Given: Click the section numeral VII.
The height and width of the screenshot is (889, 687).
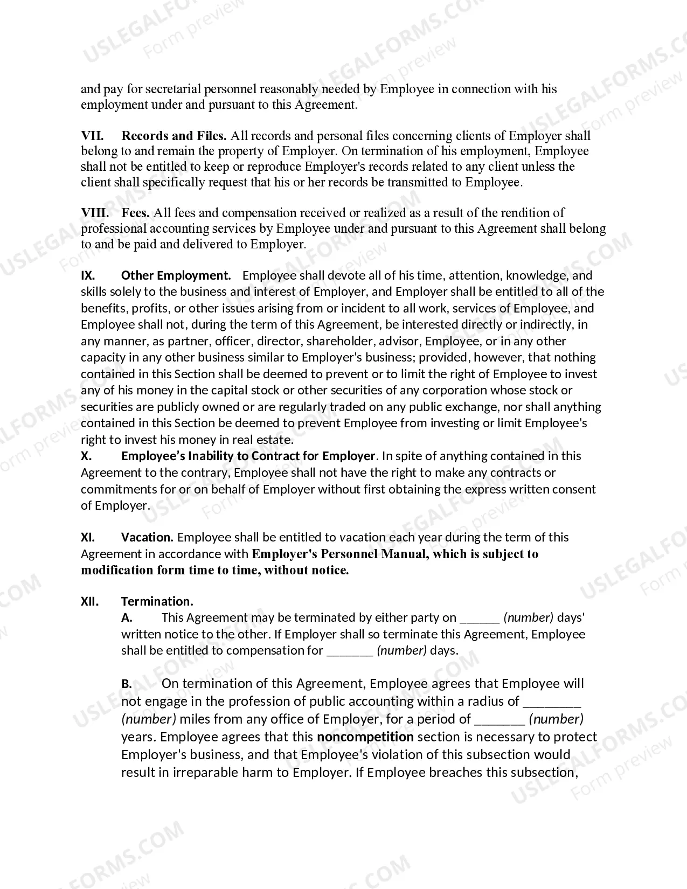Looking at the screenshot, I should (x=92, y=136).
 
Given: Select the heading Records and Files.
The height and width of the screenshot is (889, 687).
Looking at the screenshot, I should (x=174, y=136).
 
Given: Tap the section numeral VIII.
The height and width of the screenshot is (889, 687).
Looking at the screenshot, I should (x=95, y=213).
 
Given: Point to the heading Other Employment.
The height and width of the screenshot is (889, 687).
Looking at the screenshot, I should (x=176, y=275).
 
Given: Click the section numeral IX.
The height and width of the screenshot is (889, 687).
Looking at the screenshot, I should (x=88, y=275).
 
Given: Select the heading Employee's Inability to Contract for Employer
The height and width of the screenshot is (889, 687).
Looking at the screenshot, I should (x=248, y=456).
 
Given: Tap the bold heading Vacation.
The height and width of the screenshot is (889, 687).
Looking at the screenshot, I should (x=147, y=537).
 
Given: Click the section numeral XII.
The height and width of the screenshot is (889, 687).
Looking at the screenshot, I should (x=90, y=601).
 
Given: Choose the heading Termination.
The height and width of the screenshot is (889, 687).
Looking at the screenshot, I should (x=157, y=601).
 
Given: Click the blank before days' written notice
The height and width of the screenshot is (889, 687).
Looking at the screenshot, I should (x=479, y=619).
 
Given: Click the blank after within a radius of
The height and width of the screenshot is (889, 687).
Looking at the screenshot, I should (x=552, y=702).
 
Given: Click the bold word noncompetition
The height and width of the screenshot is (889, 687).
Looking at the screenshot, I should (x=365, y=737).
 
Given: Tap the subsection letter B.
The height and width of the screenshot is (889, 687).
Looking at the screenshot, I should (x=127, y=684).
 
